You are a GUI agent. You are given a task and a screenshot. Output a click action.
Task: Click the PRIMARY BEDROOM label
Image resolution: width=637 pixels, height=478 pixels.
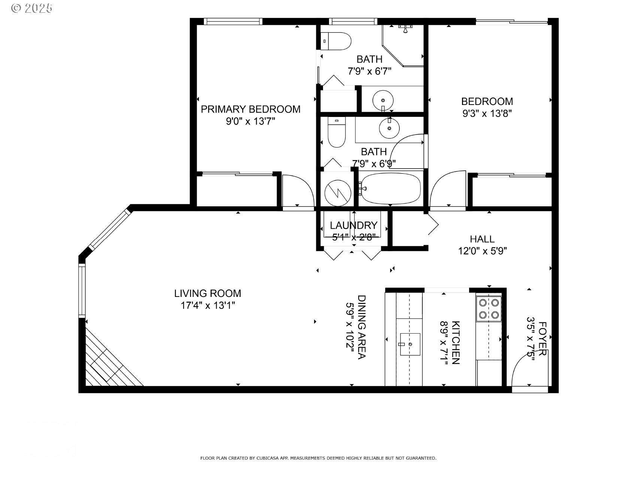[x=250, y=109]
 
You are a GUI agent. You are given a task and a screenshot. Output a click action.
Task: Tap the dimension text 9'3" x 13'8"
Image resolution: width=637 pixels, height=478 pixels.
[x=487, y=113]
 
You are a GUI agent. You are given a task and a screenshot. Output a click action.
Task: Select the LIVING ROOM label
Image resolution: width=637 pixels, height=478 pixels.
[x=208, y=293]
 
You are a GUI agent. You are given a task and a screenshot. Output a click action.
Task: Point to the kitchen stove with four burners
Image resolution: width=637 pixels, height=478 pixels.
[x=489, y=309]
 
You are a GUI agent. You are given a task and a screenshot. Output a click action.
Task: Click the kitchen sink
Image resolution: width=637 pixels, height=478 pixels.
[x=410, y=344]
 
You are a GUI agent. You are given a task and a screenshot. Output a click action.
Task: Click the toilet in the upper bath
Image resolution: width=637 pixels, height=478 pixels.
[x=336, y=41]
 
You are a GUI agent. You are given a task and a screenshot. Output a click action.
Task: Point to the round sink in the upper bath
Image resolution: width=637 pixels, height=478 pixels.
[x=383, y=100]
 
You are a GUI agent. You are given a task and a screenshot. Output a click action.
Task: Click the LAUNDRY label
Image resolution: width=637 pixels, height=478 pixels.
[x=353, y=225]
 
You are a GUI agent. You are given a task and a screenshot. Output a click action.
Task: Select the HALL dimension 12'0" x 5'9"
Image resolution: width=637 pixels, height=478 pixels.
[x=482, y=251]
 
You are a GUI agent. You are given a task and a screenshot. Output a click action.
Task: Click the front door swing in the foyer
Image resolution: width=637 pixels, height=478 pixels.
[x=525, y=371]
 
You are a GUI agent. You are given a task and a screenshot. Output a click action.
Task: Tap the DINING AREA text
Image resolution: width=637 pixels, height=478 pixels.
[x=361, y=327]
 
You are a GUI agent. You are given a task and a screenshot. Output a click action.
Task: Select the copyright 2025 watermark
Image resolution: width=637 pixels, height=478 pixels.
[x=32, y=8]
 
